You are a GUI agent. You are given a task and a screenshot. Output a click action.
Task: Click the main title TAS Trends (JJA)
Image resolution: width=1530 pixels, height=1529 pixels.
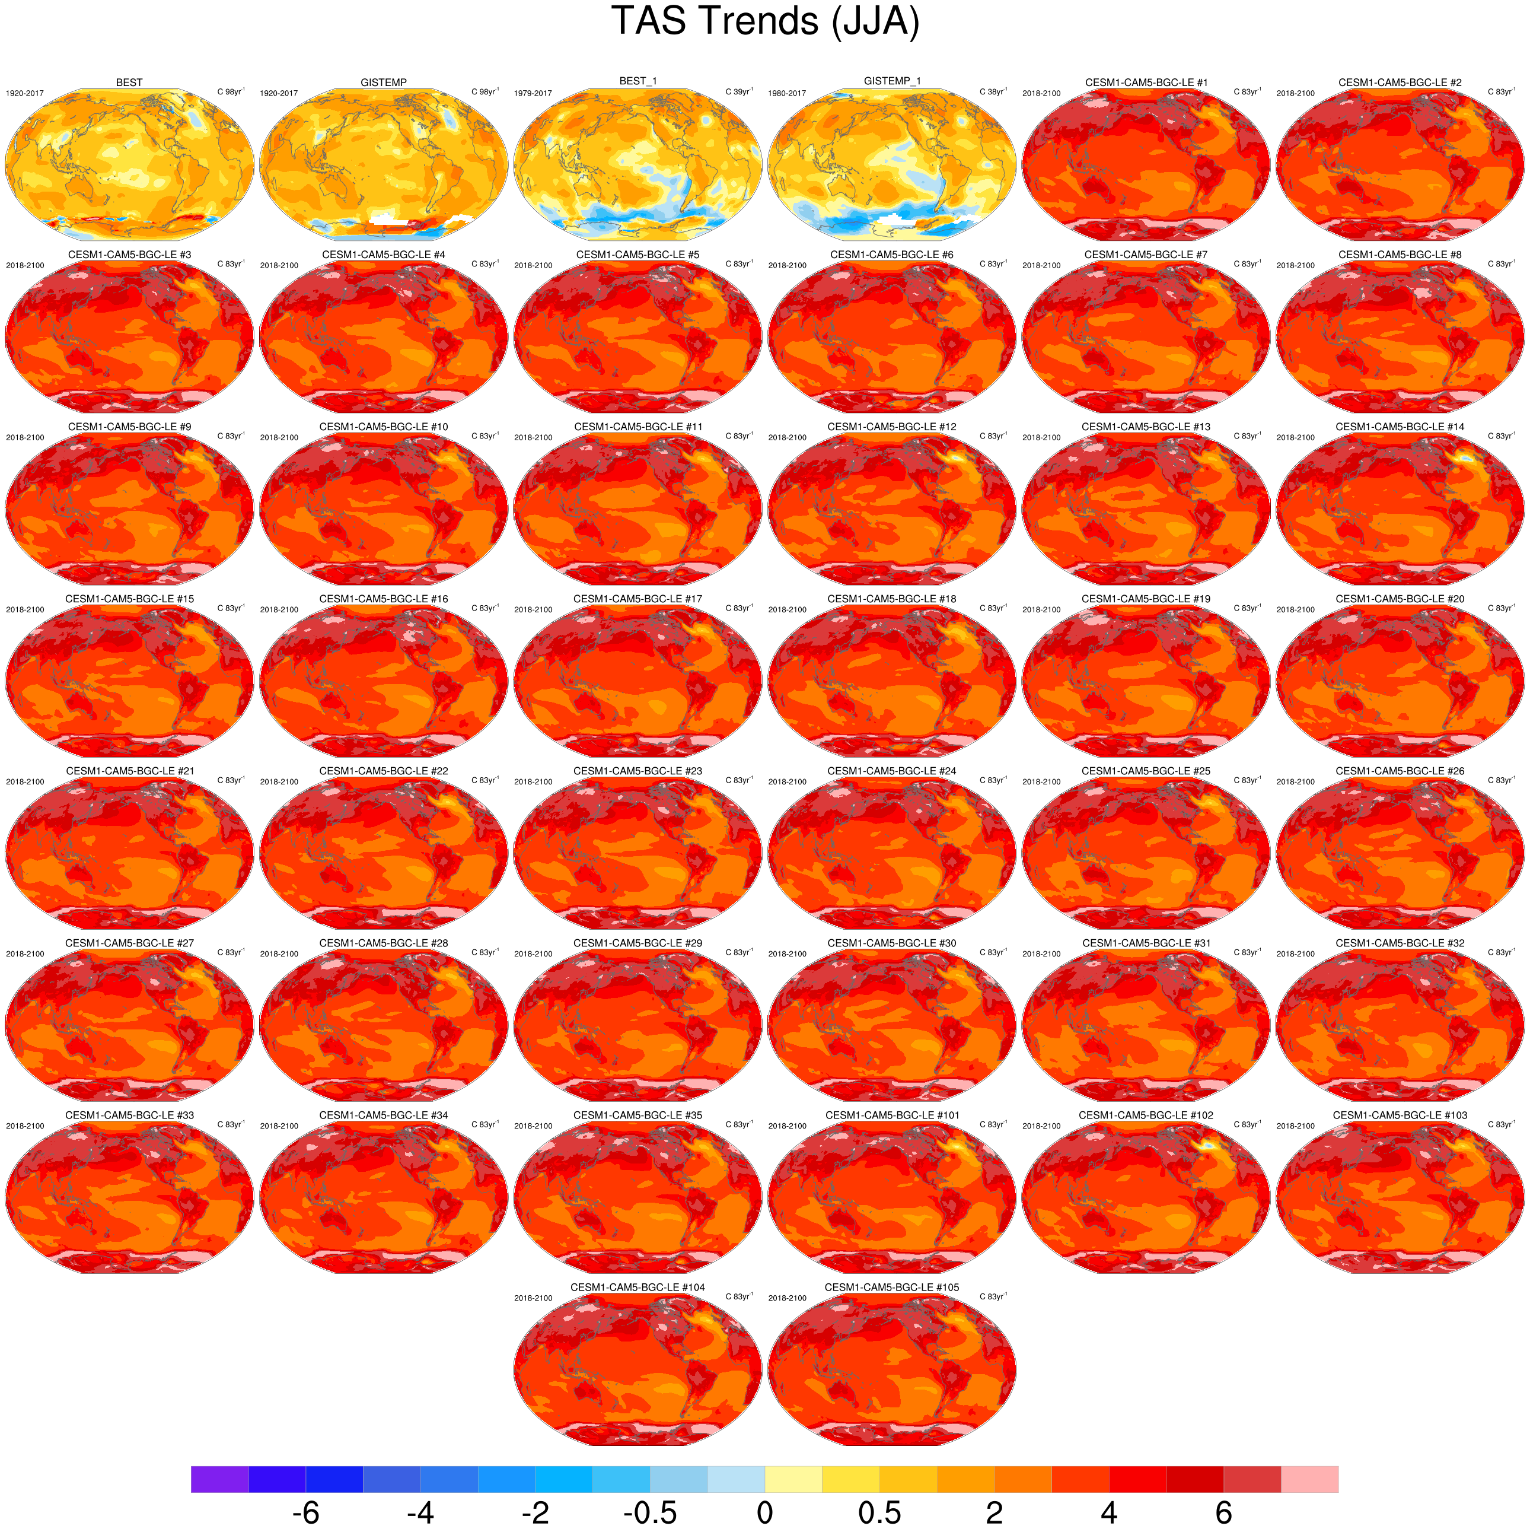pyautogui.click(x=765, y=21)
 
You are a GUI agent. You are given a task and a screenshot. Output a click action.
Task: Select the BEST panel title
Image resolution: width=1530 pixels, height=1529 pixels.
pyautogui.click(x=129, y=82)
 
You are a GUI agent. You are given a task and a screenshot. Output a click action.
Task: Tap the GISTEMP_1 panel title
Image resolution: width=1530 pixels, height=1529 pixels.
pyautogui.click(x=892, y=81)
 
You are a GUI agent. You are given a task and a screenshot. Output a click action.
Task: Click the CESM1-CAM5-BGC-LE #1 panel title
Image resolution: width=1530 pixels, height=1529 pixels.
pyautogui.click(x=1146, y=82)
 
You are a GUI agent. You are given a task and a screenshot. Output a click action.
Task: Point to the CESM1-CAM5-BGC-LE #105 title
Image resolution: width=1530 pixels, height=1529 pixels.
pyautogui.click(x=892, y=1288)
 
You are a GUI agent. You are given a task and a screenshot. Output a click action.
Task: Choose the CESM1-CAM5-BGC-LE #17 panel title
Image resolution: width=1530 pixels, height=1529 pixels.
pyautogui.click(x=638, y=599)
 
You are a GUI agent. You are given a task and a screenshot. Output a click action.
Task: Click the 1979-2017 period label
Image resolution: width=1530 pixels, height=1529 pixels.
pyautogui.click(x=533, y=94)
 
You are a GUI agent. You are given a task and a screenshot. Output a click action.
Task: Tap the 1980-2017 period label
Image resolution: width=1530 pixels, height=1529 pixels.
pyautogui.click(x=787, y=94)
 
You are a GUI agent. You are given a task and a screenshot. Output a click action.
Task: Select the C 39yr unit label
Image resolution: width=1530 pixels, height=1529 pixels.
pyautogui.click(x=739, y=92)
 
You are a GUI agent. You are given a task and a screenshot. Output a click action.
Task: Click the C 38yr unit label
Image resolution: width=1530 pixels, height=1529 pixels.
pyautogui.click(x=993, y=92)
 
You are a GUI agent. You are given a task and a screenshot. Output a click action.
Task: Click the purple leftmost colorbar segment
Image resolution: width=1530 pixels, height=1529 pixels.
pyautogui.click(x=219, y=1479)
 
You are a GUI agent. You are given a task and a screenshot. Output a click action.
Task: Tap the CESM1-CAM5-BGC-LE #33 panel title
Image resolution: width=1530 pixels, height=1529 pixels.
pyautogui.click(x=129, y=1115)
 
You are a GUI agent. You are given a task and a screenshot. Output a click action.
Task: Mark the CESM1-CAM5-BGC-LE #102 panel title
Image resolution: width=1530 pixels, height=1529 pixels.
pyautogui.click(x=1146, y=1115)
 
